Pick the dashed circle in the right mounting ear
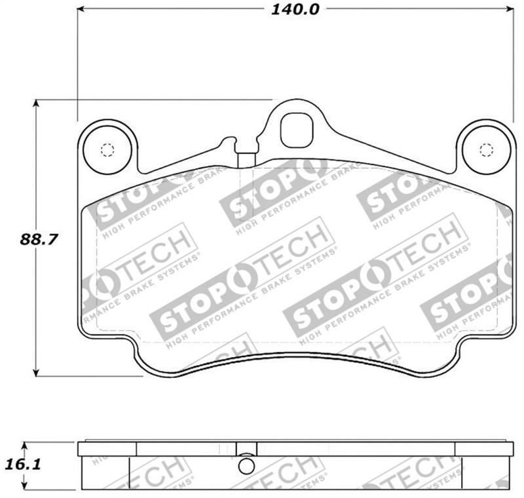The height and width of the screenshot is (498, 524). pyautogui.click(x=485, y=150)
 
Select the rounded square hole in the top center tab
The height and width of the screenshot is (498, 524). pyautogui.click(x=296, y=130)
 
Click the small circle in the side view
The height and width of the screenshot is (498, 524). pyautogui.click(x=246, y=465)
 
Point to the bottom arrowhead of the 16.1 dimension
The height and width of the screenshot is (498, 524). pyautogui.click(x=26, y=488)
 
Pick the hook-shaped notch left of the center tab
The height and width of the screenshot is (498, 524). pyautogui.click(x=229, y=142)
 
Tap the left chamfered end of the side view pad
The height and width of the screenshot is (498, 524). pyautogui.click(x=83, y=472)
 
